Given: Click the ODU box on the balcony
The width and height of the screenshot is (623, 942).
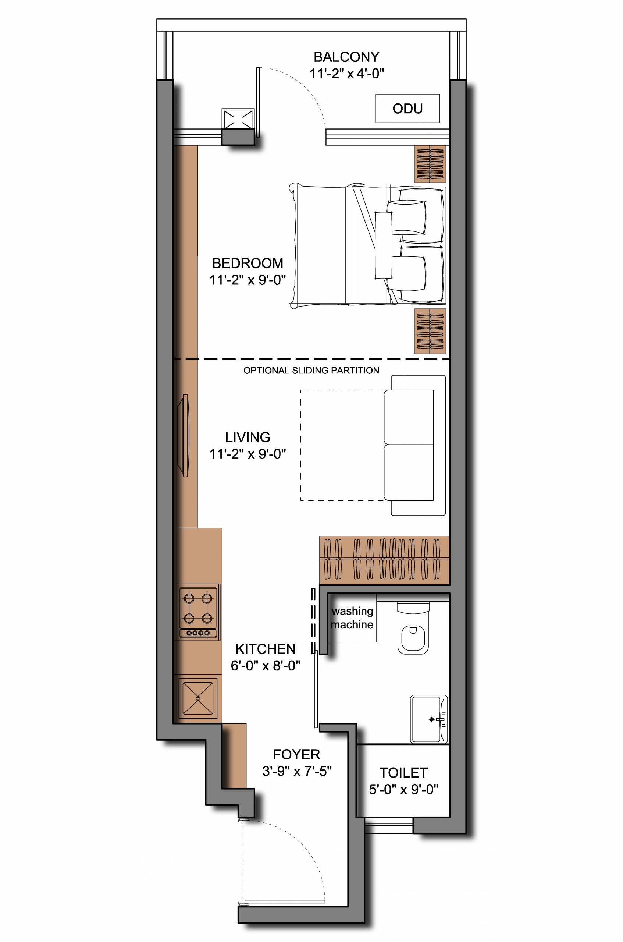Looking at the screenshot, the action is click(x=407, y=109).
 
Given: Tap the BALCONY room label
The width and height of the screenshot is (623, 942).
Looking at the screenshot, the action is click(x=346, y=57).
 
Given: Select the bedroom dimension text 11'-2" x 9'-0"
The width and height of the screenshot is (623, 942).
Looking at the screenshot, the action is click(x=248, y=280).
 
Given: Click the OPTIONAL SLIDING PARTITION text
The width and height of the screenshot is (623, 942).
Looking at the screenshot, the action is click(x=311, y=371).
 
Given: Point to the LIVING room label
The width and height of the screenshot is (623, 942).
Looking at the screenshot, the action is click(x=248, y=437).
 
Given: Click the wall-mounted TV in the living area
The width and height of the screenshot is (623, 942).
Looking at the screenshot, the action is click(x=184, y=435).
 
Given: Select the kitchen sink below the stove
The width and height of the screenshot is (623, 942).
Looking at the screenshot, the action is click(x=198, y=698).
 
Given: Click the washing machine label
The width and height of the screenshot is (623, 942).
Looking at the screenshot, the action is click(x=352, y=618).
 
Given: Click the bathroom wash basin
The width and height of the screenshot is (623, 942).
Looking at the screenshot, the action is click(x=429, y=719).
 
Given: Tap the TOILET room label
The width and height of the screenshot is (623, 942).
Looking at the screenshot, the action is click(x=403, y=773).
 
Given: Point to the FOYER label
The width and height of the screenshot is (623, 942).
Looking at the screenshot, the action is click(x=296, y=754).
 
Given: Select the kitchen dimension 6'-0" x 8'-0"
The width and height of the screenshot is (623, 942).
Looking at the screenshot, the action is click(x=266, y=665).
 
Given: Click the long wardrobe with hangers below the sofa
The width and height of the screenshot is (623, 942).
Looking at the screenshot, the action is click(x=385, y=560).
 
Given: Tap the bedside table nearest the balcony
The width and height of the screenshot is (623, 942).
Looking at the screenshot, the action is click(x=430, y=164).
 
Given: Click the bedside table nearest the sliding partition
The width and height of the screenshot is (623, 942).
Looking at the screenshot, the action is click(x=430, y=331).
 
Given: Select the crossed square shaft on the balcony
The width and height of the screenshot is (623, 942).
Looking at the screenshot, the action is click(x=238, y=119).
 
